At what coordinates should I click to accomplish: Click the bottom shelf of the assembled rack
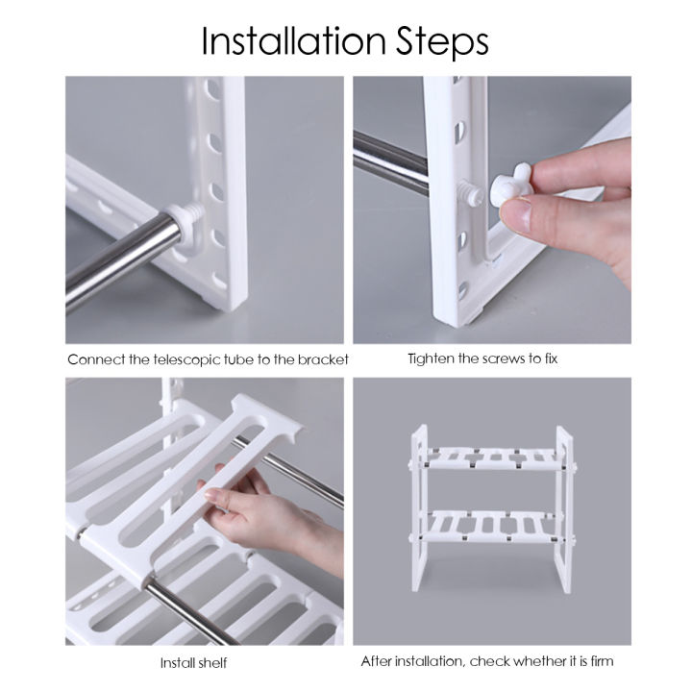490,525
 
